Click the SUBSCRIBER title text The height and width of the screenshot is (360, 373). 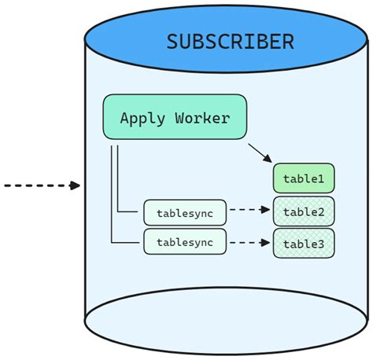pyautogui.click(x=231, y=42)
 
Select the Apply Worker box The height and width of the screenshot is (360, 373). pyautogui.click(x=175, y=118)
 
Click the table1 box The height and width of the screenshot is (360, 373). pyautogui.click(x=304, y=179)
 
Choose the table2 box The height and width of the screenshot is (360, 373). pyautogui.click(x=304, y=211)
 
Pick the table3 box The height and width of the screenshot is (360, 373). pyautogui.click(x=304, y=243)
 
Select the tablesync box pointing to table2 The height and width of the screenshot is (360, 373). pyautogui.click(x=184, y=212)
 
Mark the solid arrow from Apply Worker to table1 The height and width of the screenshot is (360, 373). pyautogui.click(x=260, y=152)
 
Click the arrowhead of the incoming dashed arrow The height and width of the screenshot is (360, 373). pyautogui.click(x=76, y=186)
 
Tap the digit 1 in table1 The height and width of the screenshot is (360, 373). pyautogui.click(x=320, y=179)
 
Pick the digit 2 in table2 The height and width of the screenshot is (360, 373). pyautogui.click(x=320, y=211)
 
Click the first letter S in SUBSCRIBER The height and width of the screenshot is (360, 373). pyautogui.click(x=172, y=42)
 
